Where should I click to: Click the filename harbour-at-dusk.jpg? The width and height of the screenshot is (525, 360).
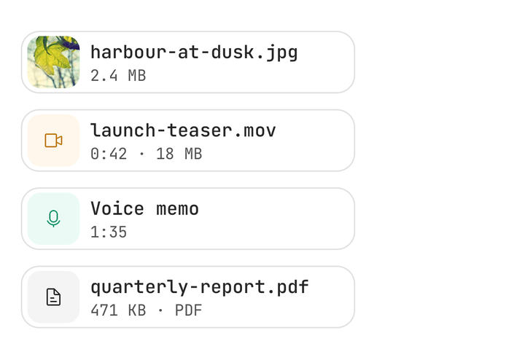point(194,52)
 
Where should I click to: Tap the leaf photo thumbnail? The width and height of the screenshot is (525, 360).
point(53,62)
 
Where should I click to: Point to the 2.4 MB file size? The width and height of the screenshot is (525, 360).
point(118,76)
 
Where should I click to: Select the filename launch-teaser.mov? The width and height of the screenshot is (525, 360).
point(183,130)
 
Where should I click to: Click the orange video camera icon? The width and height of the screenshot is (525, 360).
point(53,141)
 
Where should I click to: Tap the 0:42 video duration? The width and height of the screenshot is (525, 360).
point(109,154)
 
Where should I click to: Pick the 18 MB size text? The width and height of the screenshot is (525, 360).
point(179,154)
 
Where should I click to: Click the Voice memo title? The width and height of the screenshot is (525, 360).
point(144,208)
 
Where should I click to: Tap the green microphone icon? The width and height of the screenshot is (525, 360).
point(53,219)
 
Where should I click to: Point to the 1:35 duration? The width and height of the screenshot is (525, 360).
point(109,232)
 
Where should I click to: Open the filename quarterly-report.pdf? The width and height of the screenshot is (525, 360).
point(200,287)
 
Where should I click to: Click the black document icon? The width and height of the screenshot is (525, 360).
point(53,297)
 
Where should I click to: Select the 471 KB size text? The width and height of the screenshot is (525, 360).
point(118,310)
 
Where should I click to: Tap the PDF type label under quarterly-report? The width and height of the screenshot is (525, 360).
point(189,310)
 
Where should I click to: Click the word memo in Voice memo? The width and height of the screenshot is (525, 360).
point(177,209)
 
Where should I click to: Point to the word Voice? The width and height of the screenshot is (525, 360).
point(117,208)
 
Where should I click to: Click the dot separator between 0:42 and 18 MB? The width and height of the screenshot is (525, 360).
point(141,154)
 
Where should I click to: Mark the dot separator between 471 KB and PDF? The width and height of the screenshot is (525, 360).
point(160,311)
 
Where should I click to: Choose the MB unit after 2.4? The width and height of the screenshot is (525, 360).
point(137,76)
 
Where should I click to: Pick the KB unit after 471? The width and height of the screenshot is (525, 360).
point(137,310)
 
